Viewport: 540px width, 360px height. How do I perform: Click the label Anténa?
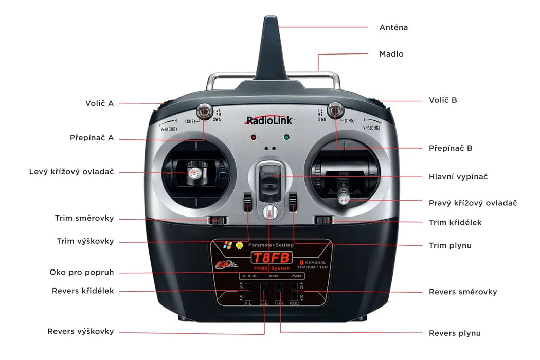tap(393, 27)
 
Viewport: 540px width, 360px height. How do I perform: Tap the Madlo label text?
tap(391, 54)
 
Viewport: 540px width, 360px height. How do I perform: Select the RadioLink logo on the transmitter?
tap(269, 120)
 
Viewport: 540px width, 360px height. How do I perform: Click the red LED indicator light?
tap(253, 138)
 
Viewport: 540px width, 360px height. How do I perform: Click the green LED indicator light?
tap(286, 138)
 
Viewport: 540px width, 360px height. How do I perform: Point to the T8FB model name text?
tap(271, 258)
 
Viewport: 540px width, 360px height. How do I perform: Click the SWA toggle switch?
tap(204, 111)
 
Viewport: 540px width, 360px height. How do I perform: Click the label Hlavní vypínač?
tap(458, 176)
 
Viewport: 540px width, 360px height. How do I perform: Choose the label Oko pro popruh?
tap(82, 272)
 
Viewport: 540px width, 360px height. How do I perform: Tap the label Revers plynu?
tap(455, 333)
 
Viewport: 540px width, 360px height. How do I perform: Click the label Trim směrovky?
tap(84, 218)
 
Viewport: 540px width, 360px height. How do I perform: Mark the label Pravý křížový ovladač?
tap(473, 203)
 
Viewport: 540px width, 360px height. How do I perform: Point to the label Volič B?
tap(443, 100)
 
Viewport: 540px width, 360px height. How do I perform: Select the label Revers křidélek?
tap(83, 291)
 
